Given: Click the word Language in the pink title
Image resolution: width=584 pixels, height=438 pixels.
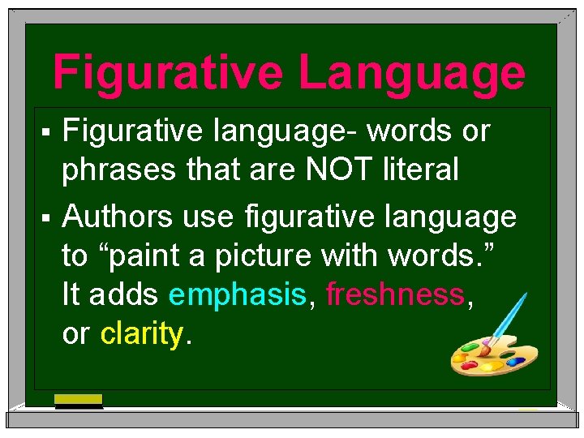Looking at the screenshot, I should [x=412, y=74].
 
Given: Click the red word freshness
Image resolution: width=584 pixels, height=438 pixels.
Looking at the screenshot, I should [x=395, y=294].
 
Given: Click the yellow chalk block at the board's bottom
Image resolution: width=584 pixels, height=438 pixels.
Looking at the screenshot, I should [x=79, y=399].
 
